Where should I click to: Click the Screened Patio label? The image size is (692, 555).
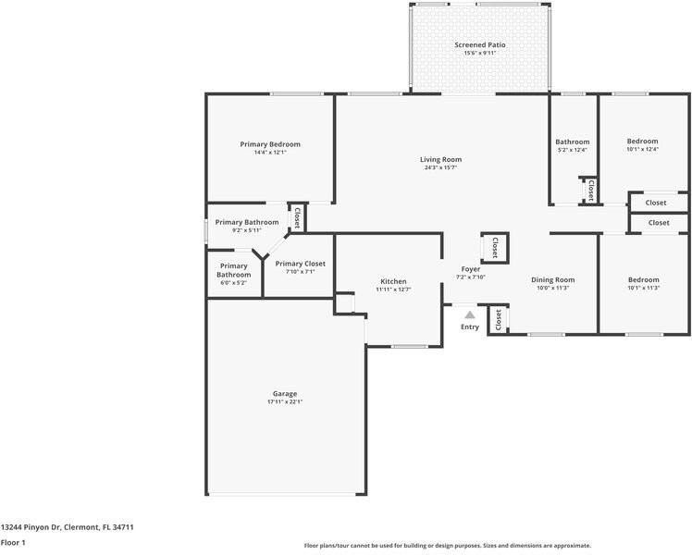point(480,44)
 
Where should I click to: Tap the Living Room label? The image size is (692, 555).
point(442,159)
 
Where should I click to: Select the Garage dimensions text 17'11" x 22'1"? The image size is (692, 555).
point(284,401)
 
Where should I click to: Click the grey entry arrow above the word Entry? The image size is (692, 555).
point(470,315)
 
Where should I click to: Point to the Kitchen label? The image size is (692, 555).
point(393,281)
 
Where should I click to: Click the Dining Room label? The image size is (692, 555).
point(552,279)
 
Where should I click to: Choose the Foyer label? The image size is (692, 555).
point(471,269)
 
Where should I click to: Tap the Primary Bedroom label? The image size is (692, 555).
point(270,144)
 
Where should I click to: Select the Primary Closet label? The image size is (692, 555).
point(300,264)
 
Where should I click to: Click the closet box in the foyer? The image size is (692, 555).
point(494,247)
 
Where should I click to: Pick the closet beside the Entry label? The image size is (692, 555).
point(498,320)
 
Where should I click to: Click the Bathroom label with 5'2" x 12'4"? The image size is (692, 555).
point(573,142)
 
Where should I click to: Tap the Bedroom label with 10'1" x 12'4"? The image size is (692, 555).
point(642,141)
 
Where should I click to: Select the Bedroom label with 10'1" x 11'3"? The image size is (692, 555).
point(643,279)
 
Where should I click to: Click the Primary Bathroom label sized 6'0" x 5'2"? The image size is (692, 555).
point(233,270)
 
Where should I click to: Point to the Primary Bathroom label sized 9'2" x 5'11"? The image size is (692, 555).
point(247,222)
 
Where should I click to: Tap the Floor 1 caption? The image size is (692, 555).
point(13,542)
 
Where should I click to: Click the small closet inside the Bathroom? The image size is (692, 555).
point(590,191)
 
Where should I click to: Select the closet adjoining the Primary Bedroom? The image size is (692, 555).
point(297,217)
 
